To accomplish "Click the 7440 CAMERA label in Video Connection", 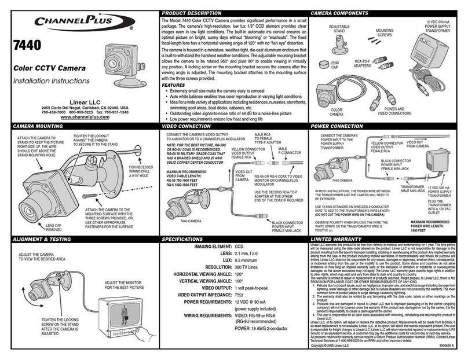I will point(181,221).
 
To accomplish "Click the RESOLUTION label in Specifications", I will point(213,268).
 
